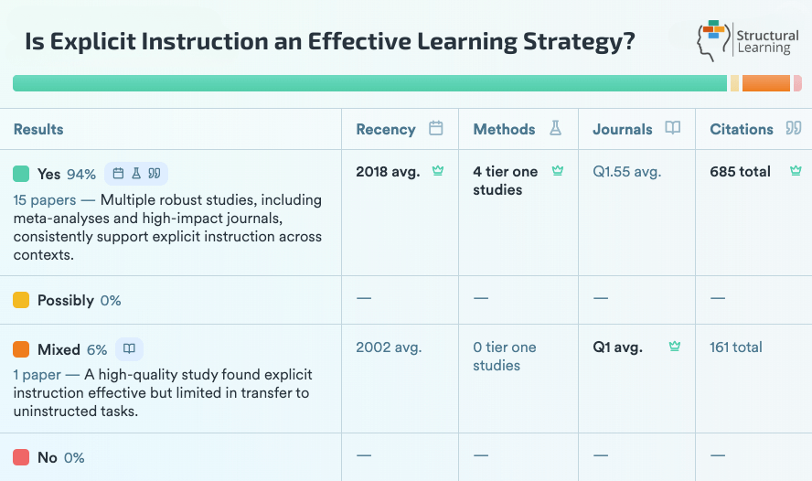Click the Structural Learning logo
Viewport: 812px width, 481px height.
coord(746,41)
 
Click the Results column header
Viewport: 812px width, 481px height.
coord(38,129)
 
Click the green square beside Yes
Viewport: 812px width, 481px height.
coord(21,174)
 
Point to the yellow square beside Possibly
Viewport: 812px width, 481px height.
coord(21,300)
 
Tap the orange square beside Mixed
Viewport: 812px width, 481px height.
coord(21,349)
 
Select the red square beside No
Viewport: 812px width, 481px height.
coord(21,457)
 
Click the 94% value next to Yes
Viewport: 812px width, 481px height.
coord(81,174)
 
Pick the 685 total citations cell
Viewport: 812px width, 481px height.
coord(740,171)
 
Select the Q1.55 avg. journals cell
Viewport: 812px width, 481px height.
coord(626,171)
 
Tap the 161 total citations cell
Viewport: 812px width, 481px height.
coord(735,347)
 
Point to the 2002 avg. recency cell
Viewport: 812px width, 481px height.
coord(388,347)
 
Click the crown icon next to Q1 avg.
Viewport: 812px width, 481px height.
coord(675,347)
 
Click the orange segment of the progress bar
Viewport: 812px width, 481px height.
coord(765,83)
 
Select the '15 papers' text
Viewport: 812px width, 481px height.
coord(45,199)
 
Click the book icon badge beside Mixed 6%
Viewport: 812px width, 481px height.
coord(129,349)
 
